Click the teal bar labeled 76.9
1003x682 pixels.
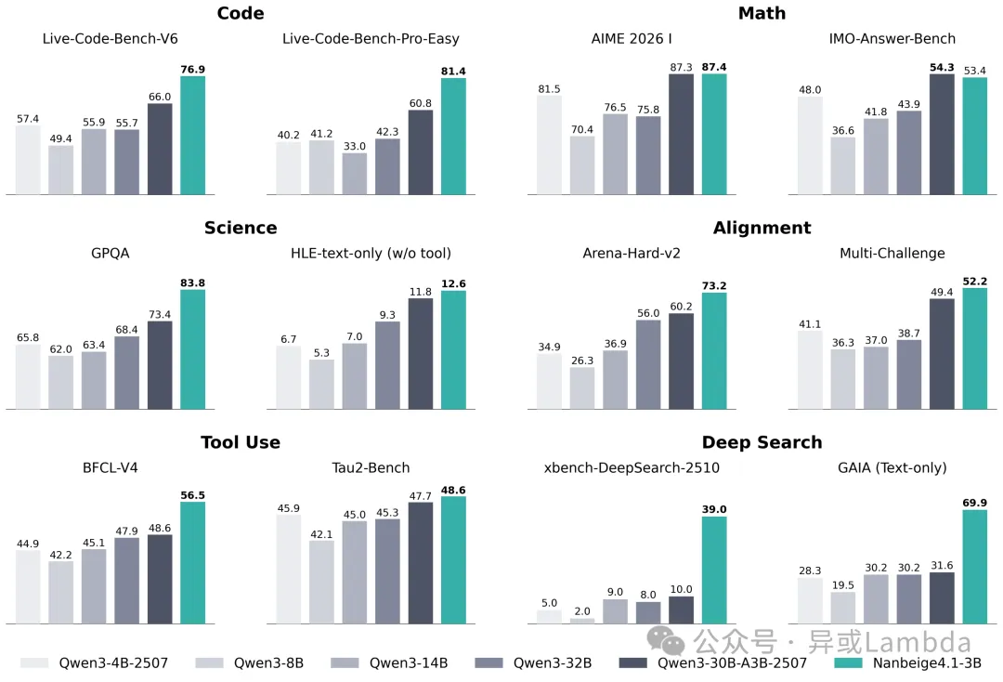pos(192,136)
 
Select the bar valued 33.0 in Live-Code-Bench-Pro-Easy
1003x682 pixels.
pos(355,174)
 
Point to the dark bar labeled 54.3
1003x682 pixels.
pos(942,135)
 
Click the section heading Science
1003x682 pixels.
pos(241,228)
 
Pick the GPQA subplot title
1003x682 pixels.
pos(111,253)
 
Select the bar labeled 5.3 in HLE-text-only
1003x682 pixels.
pos(322,385)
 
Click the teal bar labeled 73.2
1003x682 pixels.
pos(714,351)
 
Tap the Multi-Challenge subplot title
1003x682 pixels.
pos(892,253)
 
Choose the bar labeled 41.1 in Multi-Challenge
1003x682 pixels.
pos(811,370)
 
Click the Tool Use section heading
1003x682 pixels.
pos(241,442)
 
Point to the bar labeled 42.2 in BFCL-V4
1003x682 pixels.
pos(61,592)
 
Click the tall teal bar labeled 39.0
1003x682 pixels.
pos(714,570)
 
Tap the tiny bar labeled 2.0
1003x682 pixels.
pos(582,620)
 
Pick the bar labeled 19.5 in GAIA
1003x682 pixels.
pos(843,607)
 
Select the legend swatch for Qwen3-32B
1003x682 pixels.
pos(488,662)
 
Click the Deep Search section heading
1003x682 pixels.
pos(762,442)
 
